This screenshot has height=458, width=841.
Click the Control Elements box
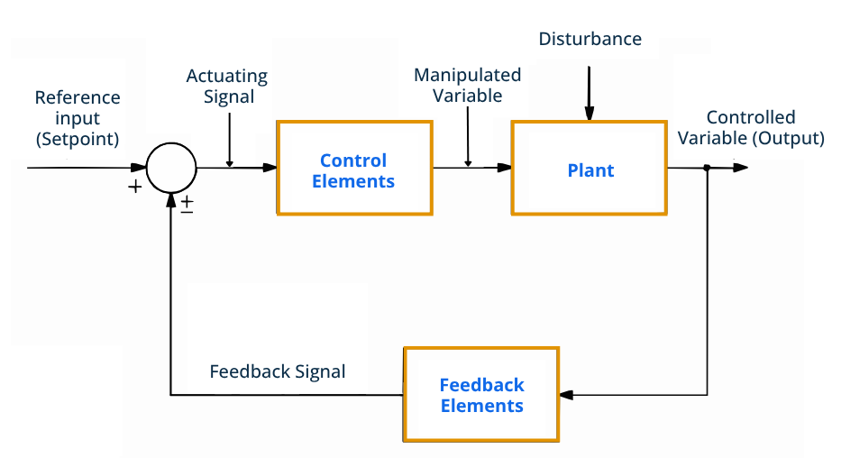[x=353, y=168]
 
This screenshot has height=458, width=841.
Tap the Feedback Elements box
[x=481, y=394]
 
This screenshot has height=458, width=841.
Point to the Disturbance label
[x=590, y=39]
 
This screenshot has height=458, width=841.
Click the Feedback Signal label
[x=278, y=371]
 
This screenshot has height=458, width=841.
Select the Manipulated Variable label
[x=467, y=86]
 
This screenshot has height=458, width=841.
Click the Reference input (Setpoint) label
[x=77, y=118]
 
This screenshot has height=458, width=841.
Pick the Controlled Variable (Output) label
[x=751, y=127]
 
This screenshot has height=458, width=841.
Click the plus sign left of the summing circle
[x=135, y=188]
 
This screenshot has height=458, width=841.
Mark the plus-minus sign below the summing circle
[x=187, y=204]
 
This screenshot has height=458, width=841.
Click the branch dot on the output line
[x=707, y=168]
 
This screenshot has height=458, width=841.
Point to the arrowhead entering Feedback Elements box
[x=565, y=395]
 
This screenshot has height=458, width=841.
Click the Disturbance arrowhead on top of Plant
[x=589, y=114]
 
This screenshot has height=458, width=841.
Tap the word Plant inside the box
[x=590, y=170]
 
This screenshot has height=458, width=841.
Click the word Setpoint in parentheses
[x=77, y=138]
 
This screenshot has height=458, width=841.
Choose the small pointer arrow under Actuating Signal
[x=230, y=161]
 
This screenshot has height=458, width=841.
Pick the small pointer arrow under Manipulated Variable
[x=468, y=161]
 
